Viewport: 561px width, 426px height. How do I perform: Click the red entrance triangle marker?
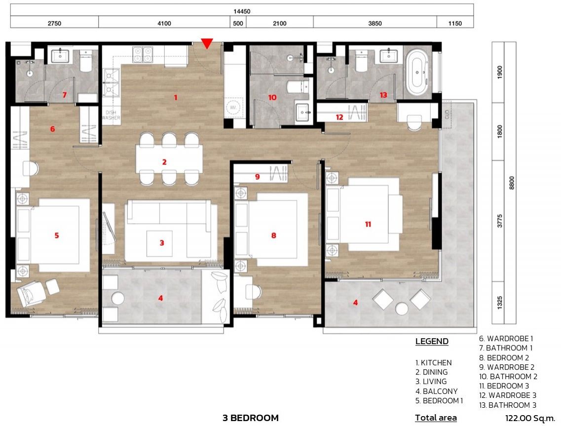(x=207, y=43)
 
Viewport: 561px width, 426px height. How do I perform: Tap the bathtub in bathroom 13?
(x=417, y=73)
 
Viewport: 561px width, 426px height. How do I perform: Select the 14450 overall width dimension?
(x=242, y=11)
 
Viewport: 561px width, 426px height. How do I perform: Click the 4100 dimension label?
(x=164, y=24)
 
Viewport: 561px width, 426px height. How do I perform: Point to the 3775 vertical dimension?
(x=500, y=221)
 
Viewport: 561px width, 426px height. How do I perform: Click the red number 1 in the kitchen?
(x=176, y=97)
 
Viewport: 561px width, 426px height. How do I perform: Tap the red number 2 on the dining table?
(x=164, y=162)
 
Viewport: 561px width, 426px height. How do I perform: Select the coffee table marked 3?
(x=159, y=244)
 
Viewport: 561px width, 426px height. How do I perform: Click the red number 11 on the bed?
(x=368, y=225)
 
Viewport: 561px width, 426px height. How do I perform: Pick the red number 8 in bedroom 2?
(x=274, y=235)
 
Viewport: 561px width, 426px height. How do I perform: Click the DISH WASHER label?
(x=111, y=115)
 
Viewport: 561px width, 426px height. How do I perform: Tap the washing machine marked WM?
(x=233, y=107)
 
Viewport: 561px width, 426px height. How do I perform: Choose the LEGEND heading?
(x=432, y=341)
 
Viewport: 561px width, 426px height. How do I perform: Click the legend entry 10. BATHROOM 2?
(x=508, y=377)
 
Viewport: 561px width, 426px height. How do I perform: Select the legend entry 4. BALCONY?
(x=437, y=391)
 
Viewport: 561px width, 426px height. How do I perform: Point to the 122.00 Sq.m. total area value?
(x=530, y=418)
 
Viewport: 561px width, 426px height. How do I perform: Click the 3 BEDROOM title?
(x=251, y=418)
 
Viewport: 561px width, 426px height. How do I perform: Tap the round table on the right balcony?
(x=402, y=309)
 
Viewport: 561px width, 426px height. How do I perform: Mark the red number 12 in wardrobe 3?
(x=339, y=117)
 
